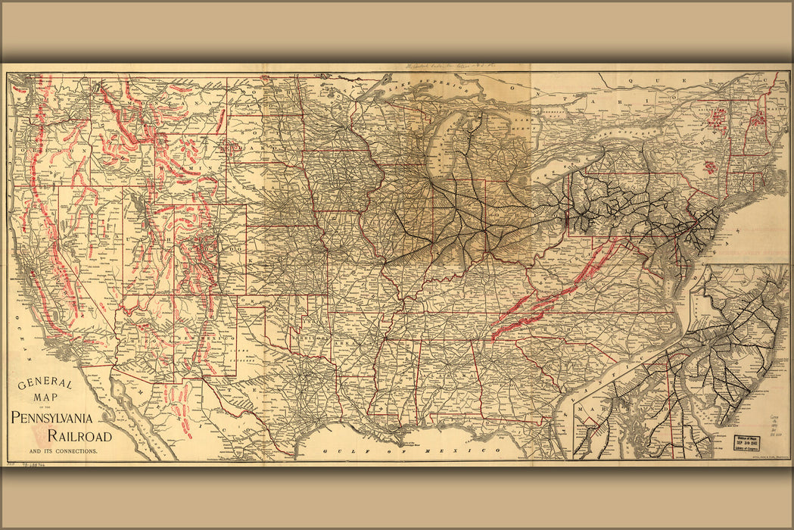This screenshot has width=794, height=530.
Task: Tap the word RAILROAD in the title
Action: [x=79, y=436]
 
